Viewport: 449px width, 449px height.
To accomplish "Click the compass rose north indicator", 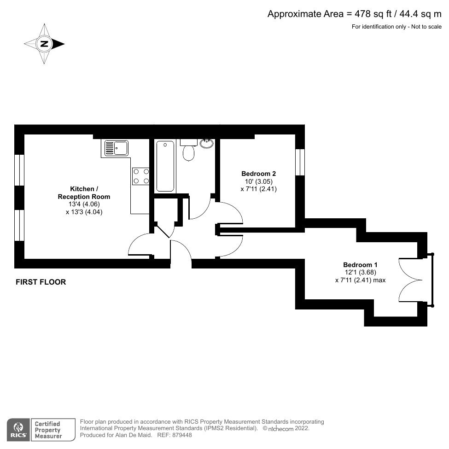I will (44, 44).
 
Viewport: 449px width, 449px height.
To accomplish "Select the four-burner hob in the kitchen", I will (141, 175).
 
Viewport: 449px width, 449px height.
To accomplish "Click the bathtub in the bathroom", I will (165, 166).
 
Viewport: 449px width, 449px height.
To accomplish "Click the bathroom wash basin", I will (207, 143).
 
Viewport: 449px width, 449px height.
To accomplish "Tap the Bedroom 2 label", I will (258, 174).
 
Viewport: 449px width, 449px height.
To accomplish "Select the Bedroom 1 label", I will (360, 265).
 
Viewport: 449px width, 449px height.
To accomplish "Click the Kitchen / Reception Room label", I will (84, 192).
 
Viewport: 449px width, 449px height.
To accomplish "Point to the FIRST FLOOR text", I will (41, 282).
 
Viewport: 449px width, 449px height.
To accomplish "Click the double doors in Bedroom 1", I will (410, 279).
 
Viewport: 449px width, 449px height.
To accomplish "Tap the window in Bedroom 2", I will (300, 162).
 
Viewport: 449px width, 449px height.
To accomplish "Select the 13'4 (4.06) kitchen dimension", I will (84, 204).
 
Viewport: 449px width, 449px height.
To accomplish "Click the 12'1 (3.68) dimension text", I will (360, 272).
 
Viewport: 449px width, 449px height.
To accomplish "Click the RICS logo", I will (19, 429).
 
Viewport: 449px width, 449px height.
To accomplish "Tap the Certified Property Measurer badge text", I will (48, 429).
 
